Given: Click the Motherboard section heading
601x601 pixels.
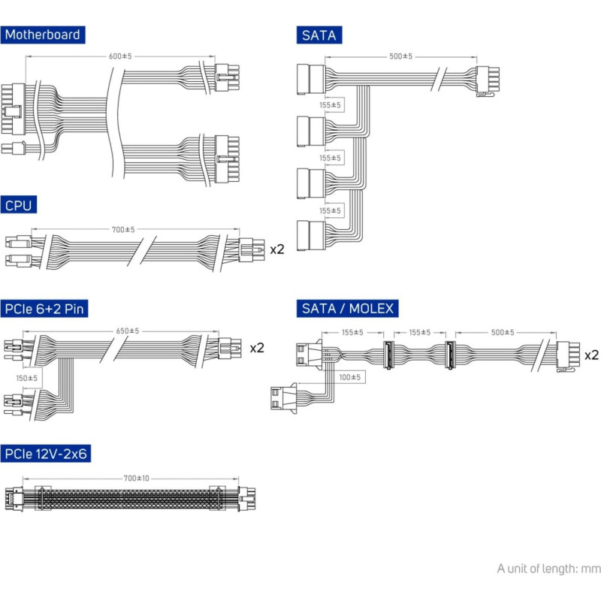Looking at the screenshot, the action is [x=43, y=35].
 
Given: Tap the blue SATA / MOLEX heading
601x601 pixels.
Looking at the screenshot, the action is [x=347, y=309].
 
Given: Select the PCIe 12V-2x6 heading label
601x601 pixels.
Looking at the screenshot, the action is [x=46, y=454].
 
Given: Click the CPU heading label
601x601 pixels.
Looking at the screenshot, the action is [x=18, y=205].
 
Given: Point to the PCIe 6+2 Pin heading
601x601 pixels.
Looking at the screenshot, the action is [x=44, y=309].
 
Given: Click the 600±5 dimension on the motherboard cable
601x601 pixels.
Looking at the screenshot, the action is [x=120, y=56].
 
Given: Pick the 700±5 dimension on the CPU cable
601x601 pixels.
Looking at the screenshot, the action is [x=123, y=230].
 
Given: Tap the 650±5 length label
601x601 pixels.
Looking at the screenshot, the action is [x=128, y=331].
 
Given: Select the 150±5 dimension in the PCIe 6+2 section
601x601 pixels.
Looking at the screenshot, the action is [x=27, y=379].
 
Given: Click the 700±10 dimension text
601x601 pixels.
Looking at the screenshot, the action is [x=137, y=479].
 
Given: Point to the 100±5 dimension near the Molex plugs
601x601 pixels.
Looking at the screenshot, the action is [x=350, y=377].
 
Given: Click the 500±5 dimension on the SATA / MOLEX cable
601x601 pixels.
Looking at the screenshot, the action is [x=503, y=332].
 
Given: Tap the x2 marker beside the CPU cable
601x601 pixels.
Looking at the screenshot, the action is [x=277, y=249].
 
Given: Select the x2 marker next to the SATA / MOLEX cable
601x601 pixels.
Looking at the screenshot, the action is [x=591, y=355].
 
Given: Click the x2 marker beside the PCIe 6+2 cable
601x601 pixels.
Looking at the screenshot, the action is [x=257, y=348].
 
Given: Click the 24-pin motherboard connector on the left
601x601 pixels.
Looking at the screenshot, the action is [x=13, y=109].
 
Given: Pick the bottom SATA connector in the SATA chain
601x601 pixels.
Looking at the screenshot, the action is [x=311, y=236].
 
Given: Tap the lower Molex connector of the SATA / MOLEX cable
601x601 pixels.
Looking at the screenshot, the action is [x=284, y=398].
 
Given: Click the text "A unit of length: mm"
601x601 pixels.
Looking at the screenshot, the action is [x=548, y=569].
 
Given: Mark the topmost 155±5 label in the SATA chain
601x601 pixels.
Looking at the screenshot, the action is [x=330, y=104].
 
